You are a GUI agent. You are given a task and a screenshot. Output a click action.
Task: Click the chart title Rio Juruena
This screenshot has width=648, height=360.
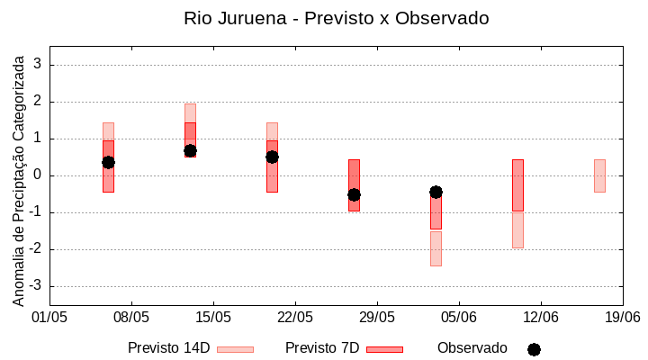(x=337, y=18)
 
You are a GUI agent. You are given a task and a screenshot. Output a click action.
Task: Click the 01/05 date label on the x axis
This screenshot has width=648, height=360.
(x=49, y=318)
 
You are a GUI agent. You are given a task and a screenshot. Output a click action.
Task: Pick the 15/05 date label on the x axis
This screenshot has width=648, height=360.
(x=213, y=318)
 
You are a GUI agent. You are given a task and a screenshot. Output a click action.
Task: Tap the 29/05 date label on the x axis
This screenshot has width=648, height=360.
(x=377, y=318)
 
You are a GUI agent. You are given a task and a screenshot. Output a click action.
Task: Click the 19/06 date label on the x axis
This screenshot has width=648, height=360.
(x=622, y=318)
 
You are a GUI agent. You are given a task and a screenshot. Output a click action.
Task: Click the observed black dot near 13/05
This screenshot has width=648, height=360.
(x=190, y=150)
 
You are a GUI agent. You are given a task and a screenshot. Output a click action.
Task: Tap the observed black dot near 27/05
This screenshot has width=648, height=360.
(x=354, y=194)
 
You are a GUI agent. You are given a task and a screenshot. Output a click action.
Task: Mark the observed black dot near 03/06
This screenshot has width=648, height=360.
(x=436, y=192)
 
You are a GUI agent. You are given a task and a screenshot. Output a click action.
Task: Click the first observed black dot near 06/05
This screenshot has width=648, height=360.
(x=108, y=162)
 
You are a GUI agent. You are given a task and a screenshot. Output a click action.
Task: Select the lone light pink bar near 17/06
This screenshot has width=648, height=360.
(x=599, y=175)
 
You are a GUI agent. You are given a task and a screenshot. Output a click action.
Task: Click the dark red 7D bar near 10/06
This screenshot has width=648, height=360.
(x=517, y=184)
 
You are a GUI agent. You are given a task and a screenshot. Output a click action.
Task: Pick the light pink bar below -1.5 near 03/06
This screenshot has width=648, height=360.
(x=436, y=248)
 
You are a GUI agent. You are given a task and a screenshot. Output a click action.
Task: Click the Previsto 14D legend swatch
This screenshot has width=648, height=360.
(x=235, y=349)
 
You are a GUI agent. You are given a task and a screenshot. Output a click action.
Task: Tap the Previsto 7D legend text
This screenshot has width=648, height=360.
(x=322, y=348)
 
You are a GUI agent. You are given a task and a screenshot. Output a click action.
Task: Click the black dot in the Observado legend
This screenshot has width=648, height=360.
(x=534, y=349)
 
